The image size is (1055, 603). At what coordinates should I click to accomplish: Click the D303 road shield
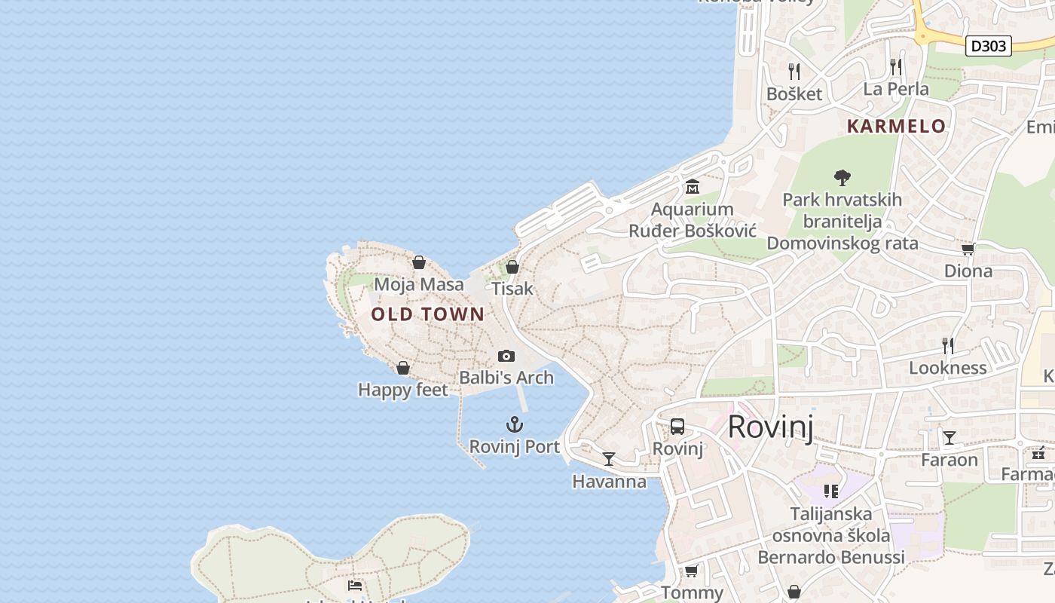click(988, 46)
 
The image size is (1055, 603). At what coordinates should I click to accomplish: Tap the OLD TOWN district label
click(427, 314)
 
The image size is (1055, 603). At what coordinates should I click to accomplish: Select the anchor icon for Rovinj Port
click(515, 424)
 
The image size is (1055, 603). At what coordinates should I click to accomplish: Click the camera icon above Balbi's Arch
click(506, 356)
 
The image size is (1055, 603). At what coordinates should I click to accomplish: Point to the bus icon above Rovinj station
click(677, 427)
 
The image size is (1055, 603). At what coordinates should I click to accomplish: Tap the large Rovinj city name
click(770, 427)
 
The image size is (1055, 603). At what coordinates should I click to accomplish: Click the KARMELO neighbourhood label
click(896, 126)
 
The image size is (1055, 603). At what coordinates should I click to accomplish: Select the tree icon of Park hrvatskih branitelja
click(842, 178)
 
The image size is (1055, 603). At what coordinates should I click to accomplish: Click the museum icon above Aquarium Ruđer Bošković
click(692, 186)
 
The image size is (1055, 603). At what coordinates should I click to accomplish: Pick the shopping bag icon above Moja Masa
click(419, 262)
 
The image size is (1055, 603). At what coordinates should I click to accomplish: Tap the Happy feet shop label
click(402, 390)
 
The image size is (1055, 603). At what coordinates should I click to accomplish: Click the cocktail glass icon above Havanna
click(609, 458)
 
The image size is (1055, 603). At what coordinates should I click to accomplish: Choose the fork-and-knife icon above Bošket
click(794, 72)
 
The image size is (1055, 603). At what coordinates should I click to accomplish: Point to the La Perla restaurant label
click(896, 89)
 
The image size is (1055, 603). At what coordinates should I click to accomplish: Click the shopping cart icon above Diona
click(968, 249)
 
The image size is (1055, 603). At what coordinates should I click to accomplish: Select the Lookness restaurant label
click(947, 368)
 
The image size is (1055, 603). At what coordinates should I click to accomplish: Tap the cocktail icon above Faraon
click(949, 437)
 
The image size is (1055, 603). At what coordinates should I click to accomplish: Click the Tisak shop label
click(512, 289)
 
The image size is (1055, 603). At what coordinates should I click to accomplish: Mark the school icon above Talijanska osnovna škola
click(831, 491)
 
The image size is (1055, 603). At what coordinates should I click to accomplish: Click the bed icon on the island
click(355, 585)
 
